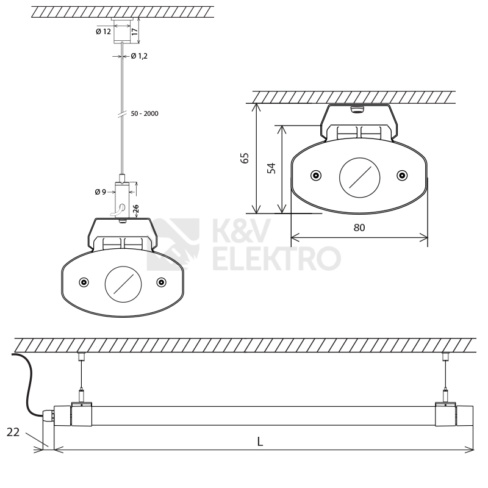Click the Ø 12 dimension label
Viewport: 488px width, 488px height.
tap(103, 32)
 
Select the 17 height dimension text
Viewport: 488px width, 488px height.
tap(134, 32)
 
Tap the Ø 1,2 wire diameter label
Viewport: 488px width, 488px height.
tap(139, 56)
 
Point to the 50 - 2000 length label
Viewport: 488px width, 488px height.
tap(145, 113)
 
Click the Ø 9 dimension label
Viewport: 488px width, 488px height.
tap(101, 192)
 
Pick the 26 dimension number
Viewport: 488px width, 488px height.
tap(135, 209)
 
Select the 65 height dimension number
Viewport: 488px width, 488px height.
tap(245, 158)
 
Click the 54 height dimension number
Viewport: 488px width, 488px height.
tap(271, 168)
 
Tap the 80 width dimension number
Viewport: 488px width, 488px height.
tap(359, 228)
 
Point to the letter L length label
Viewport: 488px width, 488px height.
tap(260, 442)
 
